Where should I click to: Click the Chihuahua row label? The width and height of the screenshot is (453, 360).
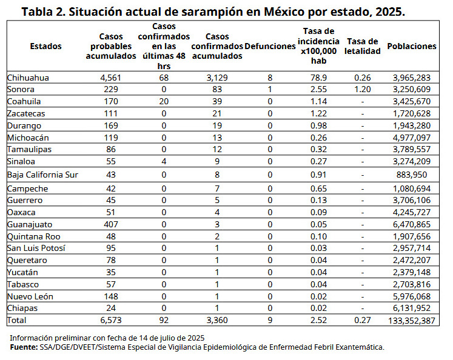click(x=28, y=78)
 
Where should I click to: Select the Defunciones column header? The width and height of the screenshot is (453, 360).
click(x=270, y=46)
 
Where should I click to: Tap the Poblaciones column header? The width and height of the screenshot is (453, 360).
click(x=412, y=46)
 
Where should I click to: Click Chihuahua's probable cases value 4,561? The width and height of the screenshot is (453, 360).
click(x=112, y=78)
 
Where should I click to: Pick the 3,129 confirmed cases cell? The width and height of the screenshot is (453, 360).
click(x=216, y=78)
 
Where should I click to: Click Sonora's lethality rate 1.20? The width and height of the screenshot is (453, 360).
click(x=363, y=89)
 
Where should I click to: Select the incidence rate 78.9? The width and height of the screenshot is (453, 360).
click(x=318, y=78)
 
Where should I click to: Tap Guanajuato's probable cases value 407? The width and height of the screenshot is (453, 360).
click(x=112, y=224)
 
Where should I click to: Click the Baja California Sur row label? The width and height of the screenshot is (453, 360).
click(x=44, y=175)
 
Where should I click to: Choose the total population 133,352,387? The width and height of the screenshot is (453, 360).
click(x=412, y=320)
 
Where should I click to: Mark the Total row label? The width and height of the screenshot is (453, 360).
click(x=17, y=320)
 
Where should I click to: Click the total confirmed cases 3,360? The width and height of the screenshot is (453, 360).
click(x=216, y=320)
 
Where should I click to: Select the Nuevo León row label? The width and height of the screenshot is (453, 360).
click(x=30, y=296)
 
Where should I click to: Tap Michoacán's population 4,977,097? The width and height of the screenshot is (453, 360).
click(x=412, y=138)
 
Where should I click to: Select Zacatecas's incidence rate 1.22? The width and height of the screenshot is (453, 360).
click(x=318, y=113)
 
